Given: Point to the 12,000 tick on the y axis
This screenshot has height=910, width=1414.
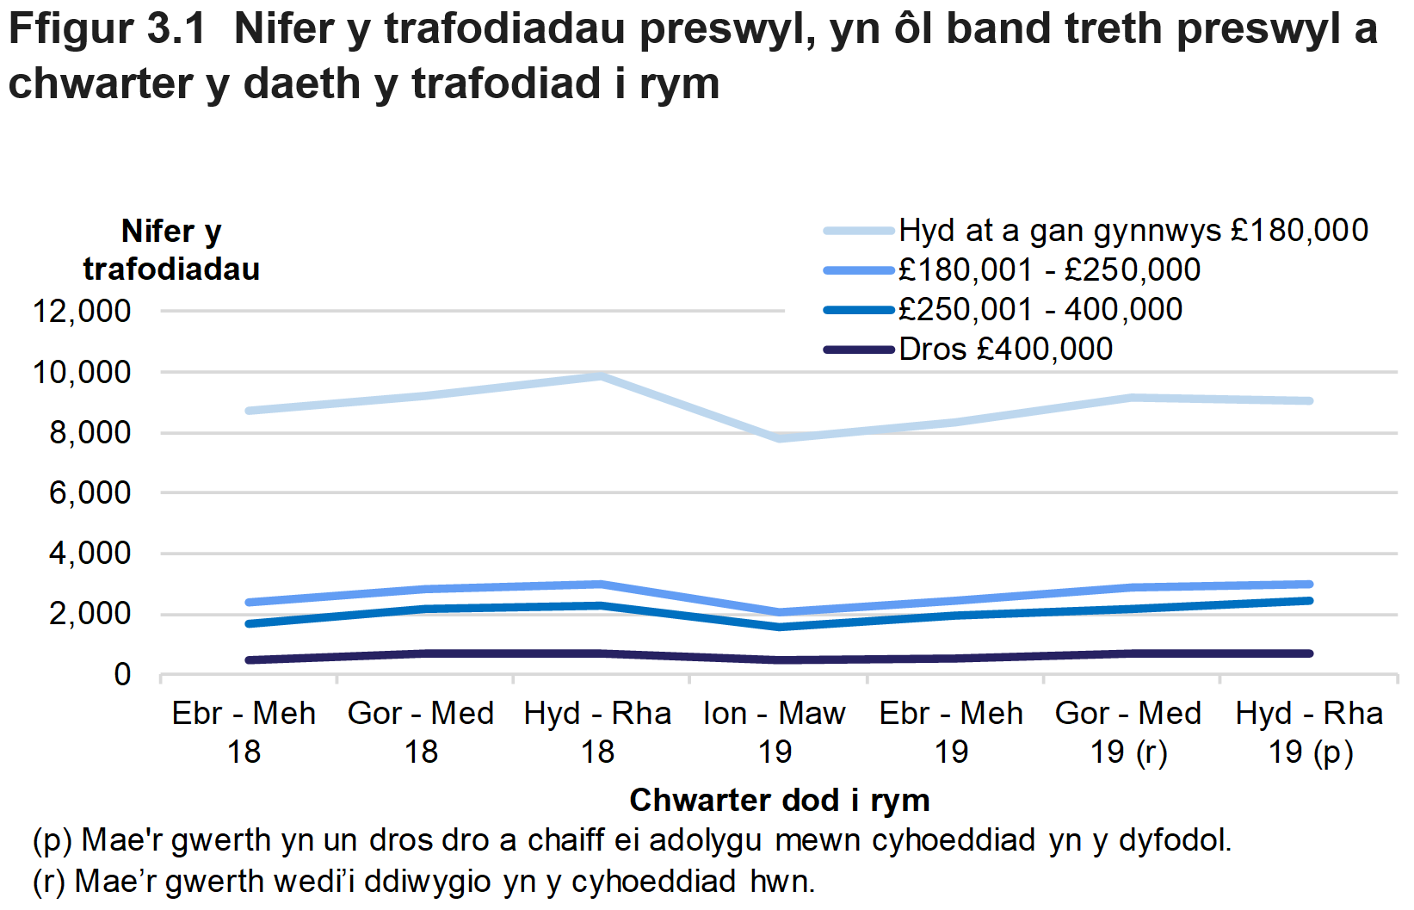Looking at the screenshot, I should click(x=82, y=312).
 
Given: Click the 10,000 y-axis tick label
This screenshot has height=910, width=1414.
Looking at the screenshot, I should click(x=82, y=373).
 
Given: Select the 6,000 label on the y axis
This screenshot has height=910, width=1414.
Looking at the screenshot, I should click(x=90, y=493).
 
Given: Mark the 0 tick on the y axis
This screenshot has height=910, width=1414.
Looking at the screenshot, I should click(x=122, y=675).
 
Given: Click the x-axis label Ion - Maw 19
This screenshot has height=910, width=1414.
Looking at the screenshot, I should click(x=775, y=732).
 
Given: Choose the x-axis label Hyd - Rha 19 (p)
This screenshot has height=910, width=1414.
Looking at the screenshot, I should click(x=1309, y=732).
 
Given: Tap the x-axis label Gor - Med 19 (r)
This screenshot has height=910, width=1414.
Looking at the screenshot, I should click(x=1128, y=732).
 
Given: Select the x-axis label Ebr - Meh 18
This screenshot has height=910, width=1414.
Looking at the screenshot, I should click(x=244, y=732).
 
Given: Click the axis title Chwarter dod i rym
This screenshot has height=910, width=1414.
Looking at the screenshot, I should click(x=780, y=800).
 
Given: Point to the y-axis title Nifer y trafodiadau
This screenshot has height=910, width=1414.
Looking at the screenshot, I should click(x=171, y=250).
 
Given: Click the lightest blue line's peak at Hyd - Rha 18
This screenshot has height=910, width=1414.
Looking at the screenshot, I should click(x=602, y=376).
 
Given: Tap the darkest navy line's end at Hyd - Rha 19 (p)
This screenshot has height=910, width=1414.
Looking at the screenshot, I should click(x=1309, y=653).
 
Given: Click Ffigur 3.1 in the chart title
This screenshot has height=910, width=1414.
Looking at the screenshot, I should click(x=108, y=29).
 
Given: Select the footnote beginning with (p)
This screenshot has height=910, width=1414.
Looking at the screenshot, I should click(x=632, y=840).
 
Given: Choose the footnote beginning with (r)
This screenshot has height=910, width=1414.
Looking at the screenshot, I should click(x=423, y=882).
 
